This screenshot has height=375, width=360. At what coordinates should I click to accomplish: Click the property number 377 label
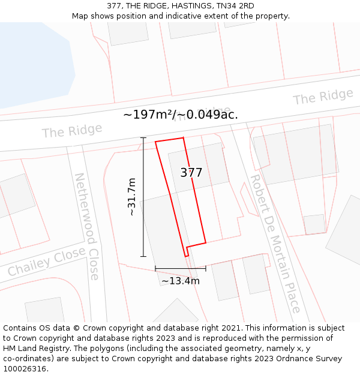(191, 173)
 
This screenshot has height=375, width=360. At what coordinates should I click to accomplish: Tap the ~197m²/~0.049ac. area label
(181, 115)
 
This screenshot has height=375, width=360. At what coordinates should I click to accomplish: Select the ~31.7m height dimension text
(132, 196)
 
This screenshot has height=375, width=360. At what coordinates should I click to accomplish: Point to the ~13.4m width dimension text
(180, 280)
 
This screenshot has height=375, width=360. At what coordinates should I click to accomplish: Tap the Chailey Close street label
(47, 262)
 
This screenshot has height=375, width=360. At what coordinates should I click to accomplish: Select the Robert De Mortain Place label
(275, 243)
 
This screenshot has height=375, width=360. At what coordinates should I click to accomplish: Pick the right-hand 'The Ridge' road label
(323, 97)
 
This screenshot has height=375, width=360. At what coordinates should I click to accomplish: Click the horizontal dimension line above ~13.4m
(180, 268)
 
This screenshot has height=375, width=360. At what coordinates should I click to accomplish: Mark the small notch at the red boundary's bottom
(187, 251)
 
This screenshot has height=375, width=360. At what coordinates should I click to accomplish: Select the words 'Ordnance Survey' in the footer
(311, 358)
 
